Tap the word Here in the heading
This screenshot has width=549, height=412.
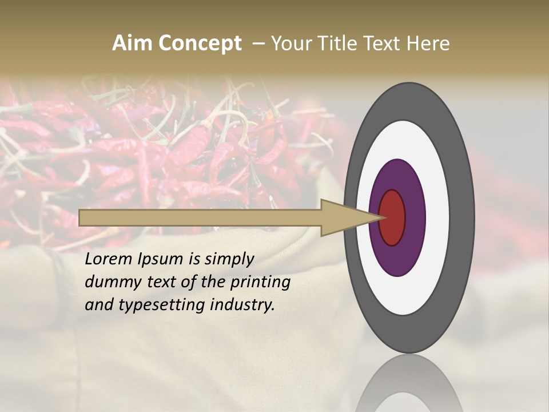428,43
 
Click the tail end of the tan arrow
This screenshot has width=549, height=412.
81,217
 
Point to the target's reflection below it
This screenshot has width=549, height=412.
408,383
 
